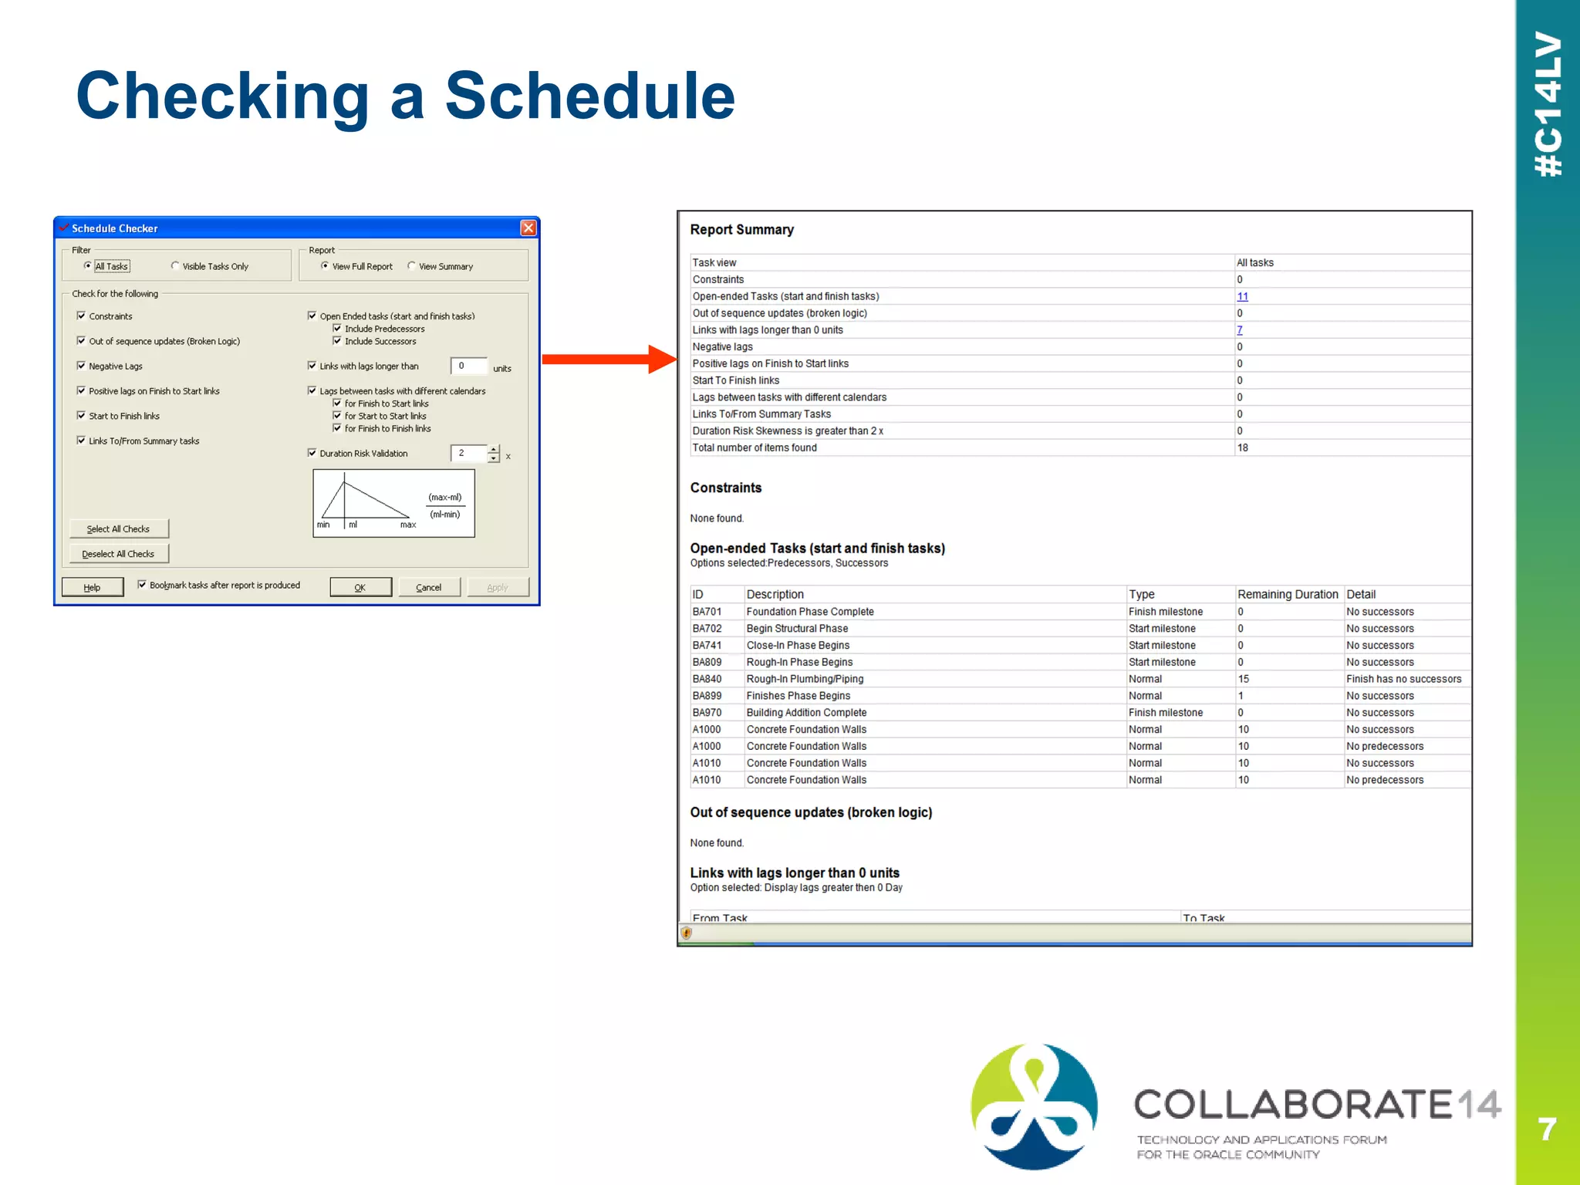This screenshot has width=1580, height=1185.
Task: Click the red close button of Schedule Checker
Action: click(528, 228)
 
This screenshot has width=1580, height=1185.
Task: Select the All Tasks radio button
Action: click(88, 266)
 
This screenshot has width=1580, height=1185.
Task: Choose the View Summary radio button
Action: click(412, 266)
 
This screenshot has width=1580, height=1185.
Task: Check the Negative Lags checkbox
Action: click(81, 366)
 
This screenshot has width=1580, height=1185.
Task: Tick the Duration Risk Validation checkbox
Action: click(312, 453)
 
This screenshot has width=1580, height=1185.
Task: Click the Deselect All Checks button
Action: click(119, 554)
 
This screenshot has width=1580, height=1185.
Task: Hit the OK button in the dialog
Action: click(360, 587)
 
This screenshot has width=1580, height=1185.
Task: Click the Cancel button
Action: click(428, 587)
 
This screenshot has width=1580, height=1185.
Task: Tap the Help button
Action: click(92, 587)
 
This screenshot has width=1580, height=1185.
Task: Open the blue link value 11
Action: click(1242, 296)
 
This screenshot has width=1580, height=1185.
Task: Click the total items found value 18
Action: click(1242, 447)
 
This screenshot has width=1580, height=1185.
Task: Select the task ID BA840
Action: click(707, 679)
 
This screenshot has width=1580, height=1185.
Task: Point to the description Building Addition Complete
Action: click(806, 713)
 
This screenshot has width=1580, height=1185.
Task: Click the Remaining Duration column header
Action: click(1287, 594)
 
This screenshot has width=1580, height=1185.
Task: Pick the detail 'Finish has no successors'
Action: click(1403, 679)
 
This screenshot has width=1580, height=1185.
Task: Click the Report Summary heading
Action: click(741, 229)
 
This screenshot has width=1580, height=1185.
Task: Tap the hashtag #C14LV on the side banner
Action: click(1548, 104)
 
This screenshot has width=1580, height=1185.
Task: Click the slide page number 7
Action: click(1547, 1129)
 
